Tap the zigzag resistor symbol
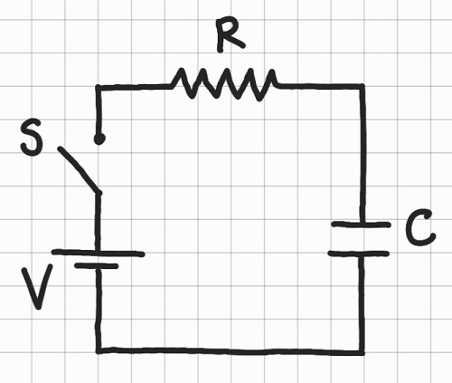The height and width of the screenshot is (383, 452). [223, 85]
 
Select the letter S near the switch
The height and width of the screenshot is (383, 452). [32, 142]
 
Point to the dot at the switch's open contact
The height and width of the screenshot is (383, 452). [99, 139]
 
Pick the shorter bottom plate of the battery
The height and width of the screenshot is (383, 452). [98, 268]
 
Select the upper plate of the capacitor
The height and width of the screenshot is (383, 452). [360, 224]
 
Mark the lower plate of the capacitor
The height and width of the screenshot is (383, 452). [359, 253]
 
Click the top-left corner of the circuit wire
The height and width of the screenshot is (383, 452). [99, 87]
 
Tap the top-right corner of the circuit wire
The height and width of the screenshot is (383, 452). [361, 87]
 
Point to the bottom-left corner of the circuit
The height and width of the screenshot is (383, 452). [99, 349]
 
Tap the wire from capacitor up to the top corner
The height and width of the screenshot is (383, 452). [361, 154]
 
